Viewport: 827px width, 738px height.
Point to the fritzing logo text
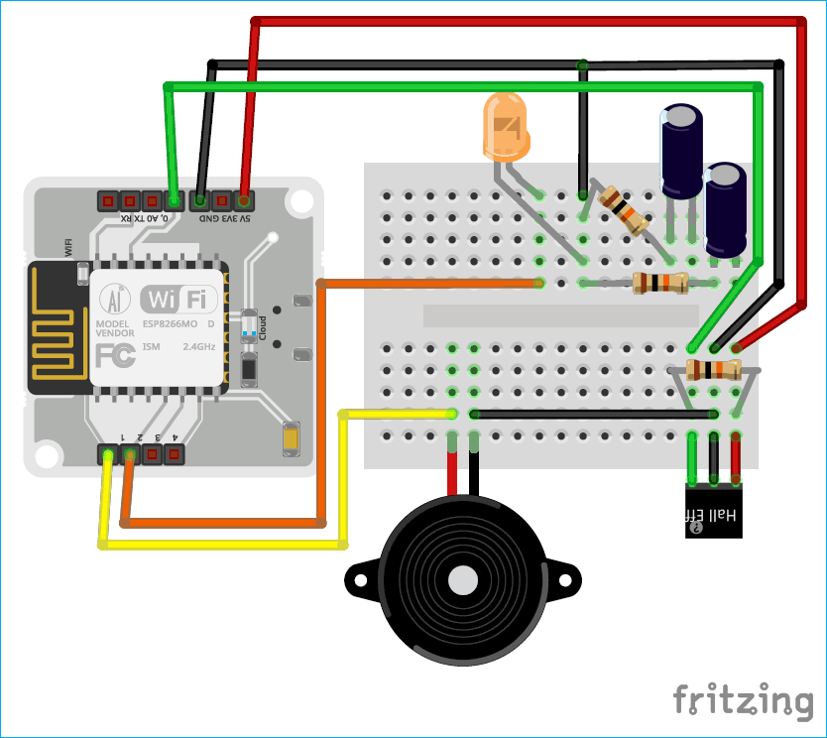point(743,700)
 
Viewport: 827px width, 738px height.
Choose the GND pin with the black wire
point(201,199)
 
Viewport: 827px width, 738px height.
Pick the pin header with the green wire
point(173,199)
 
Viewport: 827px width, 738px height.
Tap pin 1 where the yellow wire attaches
point(107,454)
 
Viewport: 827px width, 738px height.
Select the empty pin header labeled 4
point(175,454)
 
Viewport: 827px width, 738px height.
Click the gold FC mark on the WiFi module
point(116,355)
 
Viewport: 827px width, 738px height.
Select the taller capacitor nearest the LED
point(682,153)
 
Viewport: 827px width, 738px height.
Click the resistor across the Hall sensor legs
point(713,371)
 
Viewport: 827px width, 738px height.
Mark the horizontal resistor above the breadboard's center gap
point(660,284)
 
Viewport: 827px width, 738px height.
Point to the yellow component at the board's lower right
point(292,438)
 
